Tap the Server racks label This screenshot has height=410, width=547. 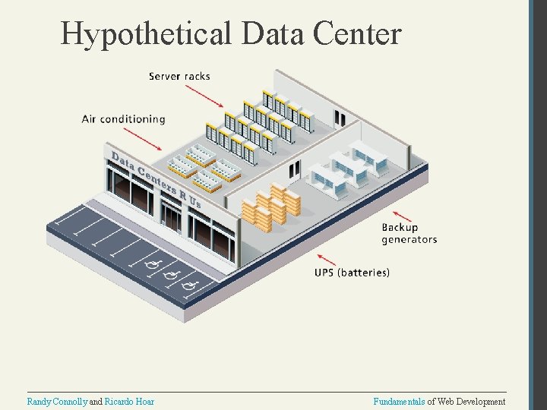(179, 76)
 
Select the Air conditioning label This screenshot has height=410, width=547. (123, 119)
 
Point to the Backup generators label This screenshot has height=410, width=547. (409, 233)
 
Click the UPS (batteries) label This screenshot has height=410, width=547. (352, 272)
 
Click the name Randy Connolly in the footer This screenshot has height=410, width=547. (58, 402)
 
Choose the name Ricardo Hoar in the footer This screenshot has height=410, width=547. (129, 402)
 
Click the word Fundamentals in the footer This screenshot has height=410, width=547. (399, 402)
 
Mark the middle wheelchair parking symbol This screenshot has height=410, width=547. (170, 274)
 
